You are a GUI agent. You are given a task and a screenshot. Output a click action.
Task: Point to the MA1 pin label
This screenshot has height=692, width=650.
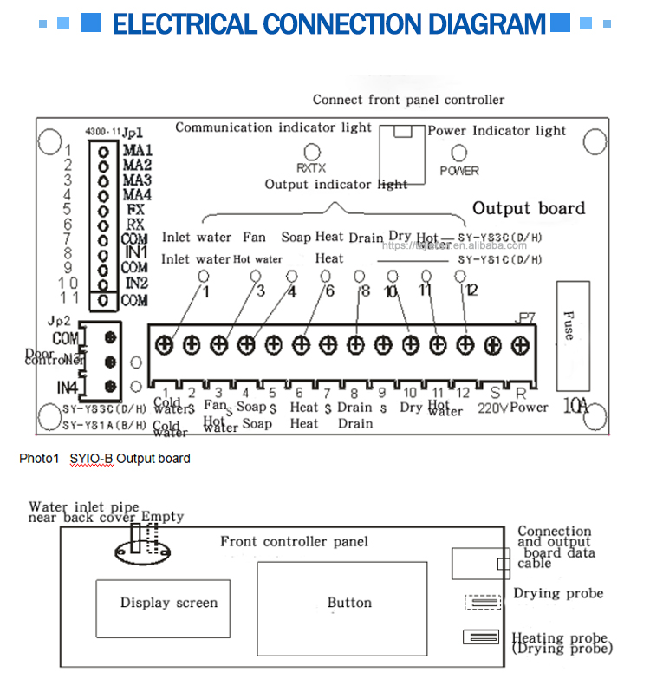tap(138, 150)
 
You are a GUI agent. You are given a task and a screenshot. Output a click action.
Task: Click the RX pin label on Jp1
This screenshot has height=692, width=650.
tap(134, 225)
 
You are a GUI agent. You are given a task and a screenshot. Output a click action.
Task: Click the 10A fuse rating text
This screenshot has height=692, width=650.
tap(572, 405)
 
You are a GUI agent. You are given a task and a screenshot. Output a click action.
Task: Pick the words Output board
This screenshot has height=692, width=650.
tap(529, 208)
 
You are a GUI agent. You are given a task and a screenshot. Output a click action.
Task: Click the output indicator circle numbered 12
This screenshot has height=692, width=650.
tap(460, 276)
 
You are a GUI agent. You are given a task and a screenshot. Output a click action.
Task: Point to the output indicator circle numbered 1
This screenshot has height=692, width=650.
tap(204, 276)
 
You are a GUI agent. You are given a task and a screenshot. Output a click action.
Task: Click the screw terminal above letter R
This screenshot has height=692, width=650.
tap(520, 345)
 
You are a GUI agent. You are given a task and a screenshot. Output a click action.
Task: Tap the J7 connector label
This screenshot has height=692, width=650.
tap(525, 317)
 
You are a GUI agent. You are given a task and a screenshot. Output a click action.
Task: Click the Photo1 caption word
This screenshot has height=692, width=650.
tap(38, 458)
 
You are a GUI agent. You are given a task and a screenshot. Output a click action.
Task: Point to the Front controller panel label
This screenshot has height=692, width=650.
tap(294, 542)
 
